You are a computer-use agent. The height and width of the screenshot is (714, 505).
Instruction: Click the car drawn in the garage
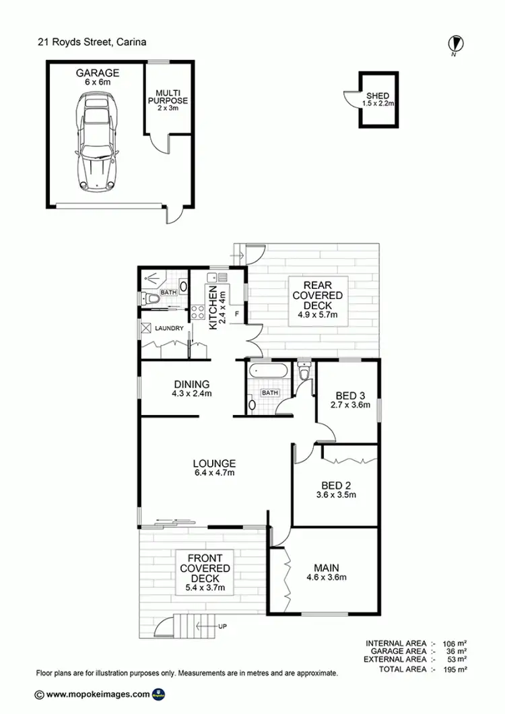[x=97, y=141]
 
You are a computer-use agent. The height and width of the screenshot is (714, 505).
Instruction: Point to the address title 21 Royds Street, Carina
[x=92, y=42]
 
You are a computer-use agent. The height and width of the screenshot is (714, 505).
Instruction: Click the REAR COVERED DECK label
[x=318, y=300]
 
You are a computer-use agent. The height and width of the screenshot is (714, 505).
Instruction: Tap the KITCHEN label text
[x=213, y=307]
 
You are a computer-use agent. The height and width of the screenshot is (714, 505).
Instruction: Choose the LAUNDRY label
[x=168, y=329]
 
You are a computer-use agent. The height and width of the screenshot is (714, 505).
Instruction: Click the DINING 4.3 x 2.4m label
[x=192, y=389]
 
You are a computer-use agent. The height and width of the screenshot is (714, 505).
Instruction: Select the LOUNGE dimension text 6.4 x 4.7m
[x=214, y=473]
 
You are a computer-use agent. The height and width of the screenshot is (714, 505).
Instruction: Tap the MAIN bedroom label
[x=325, y=571]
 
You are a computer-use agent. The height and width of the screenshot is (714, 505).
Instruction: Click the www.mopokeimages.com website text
[x=98, y=694]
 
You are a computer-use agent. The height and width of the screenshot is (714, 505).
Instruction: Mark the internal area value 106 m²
[x=456, y=643]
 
